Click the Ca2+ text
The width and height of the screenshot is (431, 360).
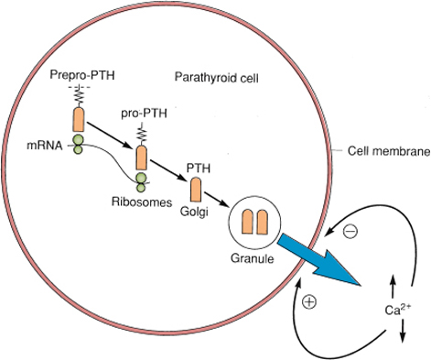tap(395, 310)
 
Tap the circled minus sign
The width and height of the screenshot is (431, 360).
tap(349, 232)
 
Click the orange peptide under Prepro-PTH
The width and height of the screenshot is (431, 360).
tap(79, 118)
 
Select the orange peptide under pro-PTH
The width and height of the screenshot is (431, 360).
tap(141, 158)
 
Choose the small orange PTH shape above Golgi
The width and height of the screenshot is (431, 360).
tap(195, 190)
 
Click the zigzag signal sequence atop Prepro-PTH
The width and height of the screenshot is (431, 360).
tap(79, 95)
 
